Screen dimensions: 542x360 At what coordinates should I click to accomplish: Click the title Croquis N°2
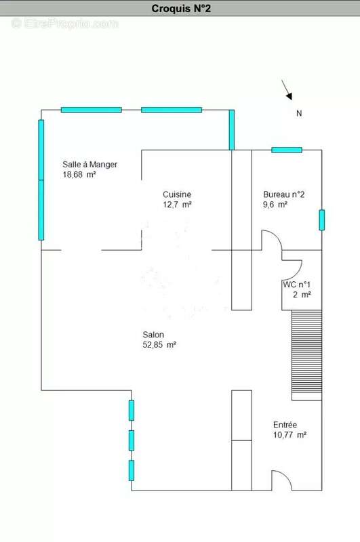tap(180, 9)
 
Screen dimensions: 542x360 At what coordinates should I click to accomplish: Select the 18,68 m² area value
tap(79, 174)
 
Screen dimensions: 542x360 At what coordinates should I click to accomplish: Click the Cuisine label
tap(177, 194)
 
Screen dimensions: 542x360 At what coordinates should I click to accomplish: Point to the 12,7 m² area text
tap(177, 204)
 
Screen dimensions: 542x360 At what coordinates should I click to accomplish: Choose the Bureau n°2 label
tap(284, 194)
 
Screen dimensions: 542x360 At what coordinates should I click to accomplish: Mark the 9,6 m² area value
tap(275, 204)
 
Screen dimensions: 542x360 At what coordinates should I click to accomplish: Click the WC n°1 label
tap(297, 285)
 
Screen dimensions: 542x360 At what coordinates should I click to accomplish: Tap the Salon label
tap(153, 334)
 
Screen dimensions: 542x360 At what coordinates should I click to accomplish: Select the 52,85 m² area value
tap(159, 344)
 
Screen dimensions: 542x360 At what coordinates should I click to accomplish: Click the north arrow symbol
tap(287, 89)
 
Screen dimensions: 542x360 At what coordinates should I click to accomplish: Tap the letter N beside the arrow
tap(299, 114)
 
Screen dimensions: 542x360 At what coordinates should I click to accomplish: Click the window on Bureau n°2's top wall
tap(286, 150)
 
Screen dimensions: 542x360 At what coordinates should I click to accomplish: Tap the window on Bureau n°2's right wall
tap(322, 220)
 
